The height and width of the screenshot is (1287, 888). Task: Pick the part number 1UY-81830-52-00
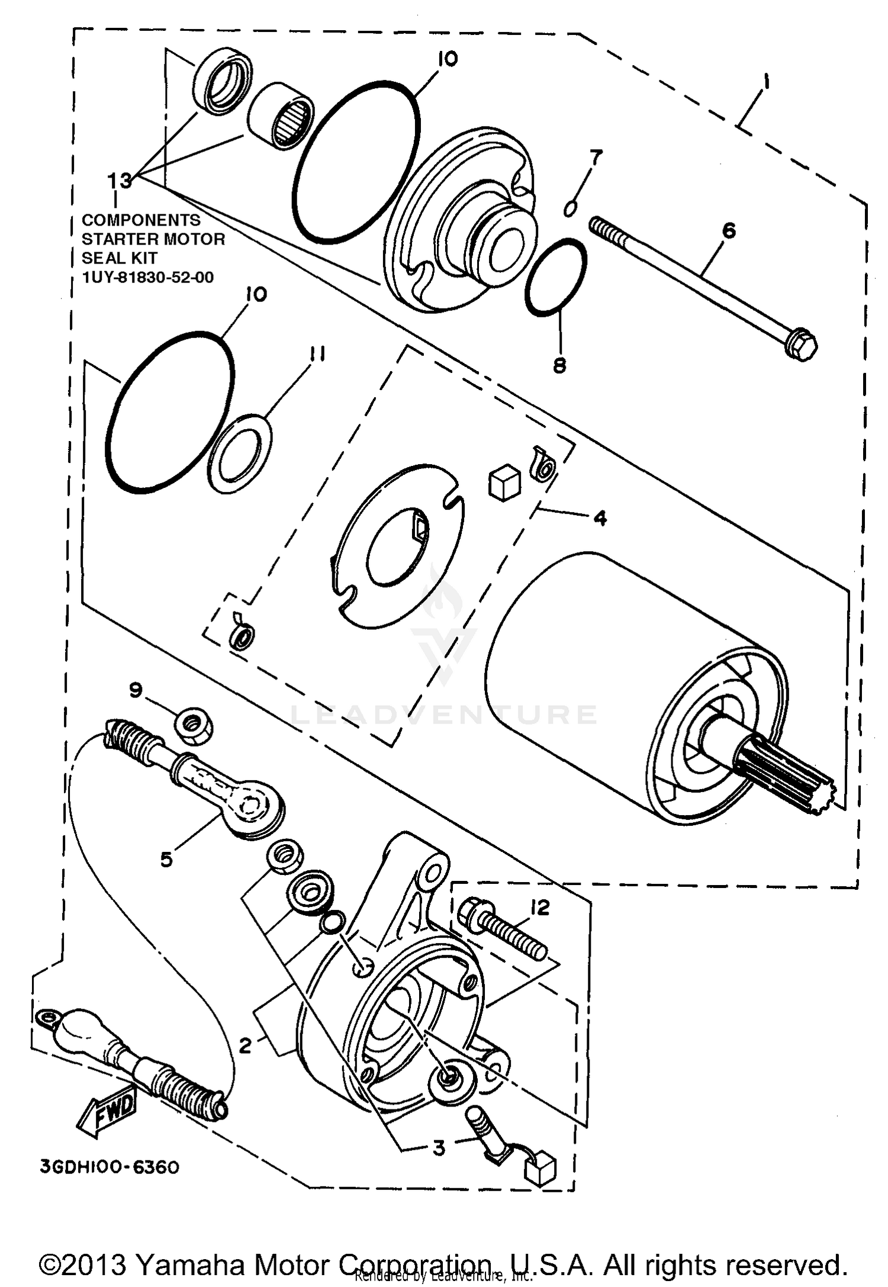(147, 277)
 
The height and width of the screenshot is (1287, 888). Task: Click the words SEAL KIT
(119, 258)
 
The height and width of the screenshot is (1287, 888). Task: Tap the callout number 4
(600, 519)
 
